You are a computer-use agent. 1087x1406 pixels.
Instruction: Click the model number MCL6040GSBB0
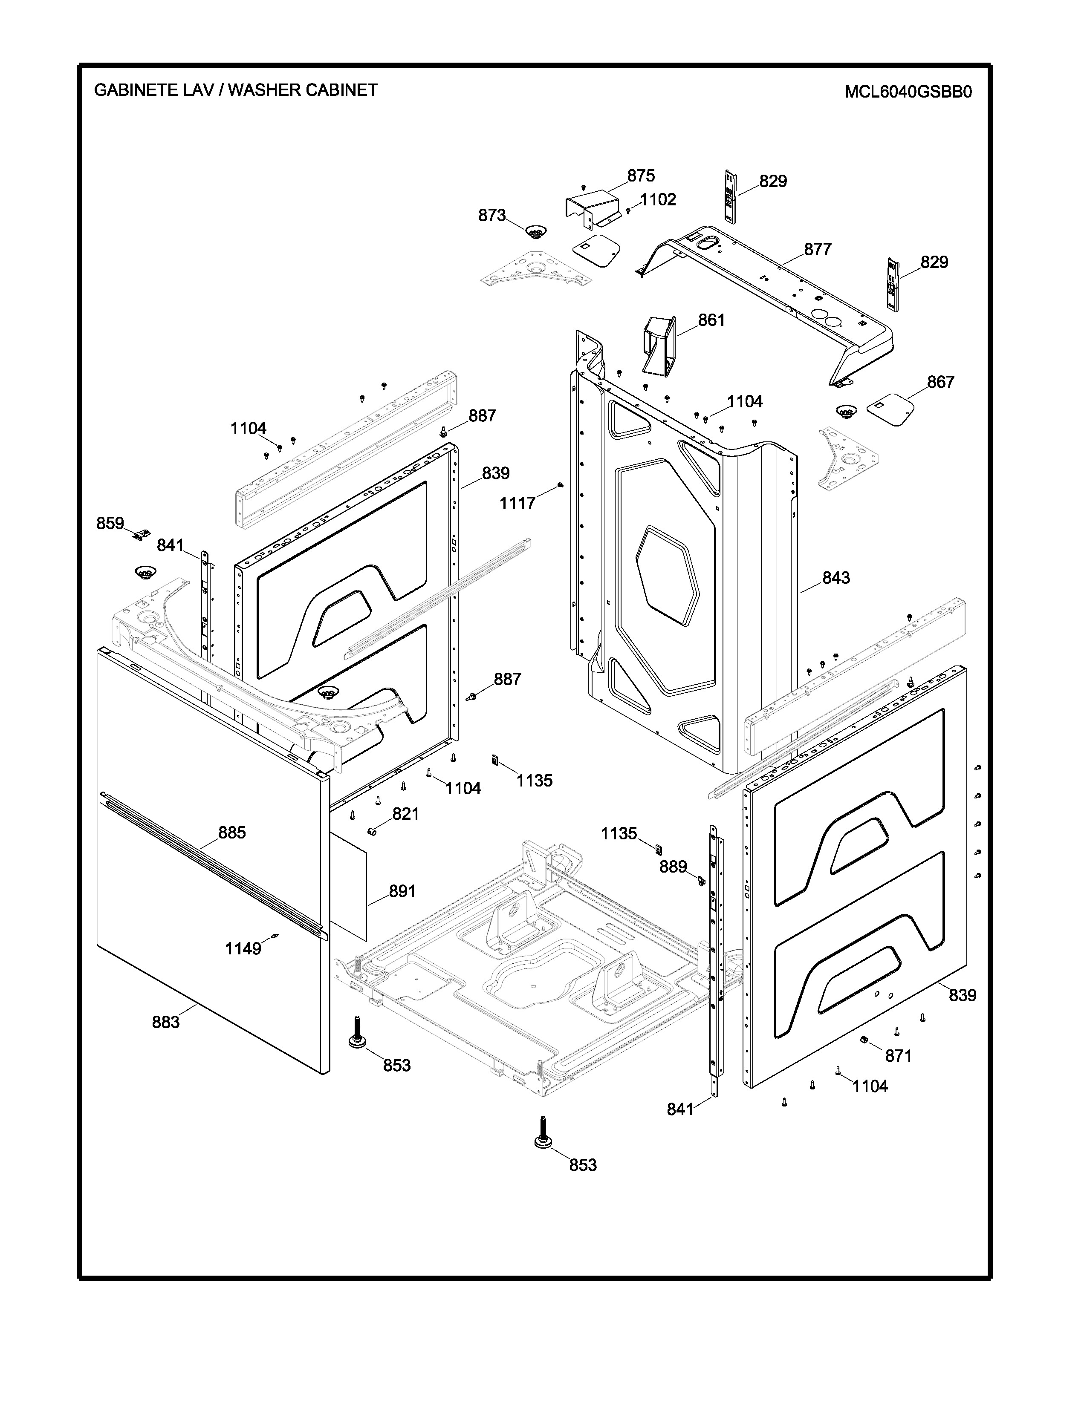click(908, 92)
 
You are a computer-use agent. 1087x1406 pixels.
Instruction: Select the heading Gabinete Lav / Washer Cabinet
click(236, 90)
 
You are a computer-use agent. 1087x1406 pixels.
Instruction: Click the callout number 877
click(818, 249)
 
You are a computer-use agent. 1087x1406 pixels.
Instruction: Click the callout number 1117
click(518, 504)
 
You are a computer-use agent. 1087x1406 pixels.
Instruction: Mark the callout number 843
click(836, 578)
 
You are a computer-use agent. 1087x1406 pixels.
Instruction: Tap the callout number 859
click(110, 523)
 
